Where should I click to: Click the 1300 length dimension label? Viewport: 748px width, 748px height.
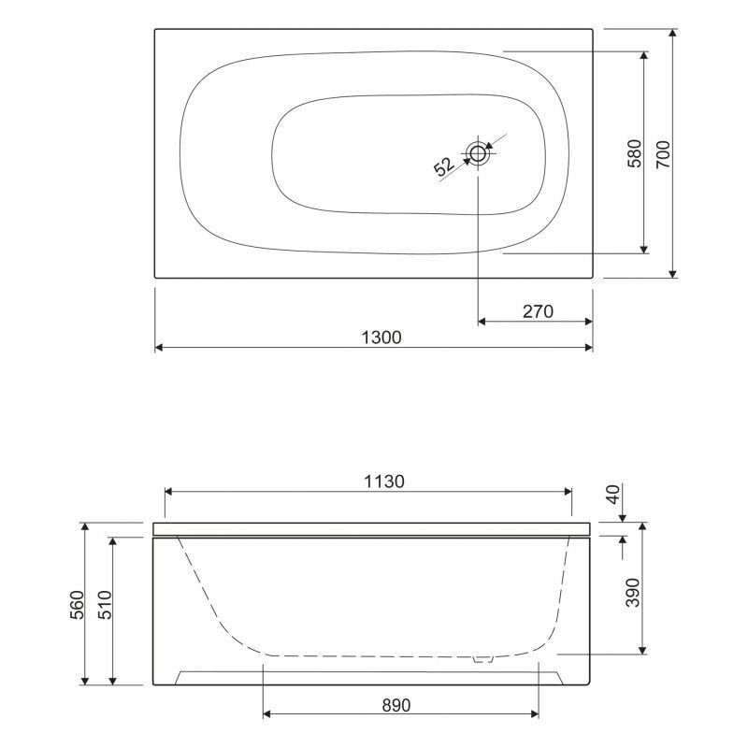(x=381, y=338)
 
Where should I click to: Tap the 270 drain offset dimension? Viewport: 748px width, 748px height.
(x=538, y=311)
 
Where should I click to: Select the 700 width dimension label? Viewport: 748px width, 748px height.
(x=663, y=154)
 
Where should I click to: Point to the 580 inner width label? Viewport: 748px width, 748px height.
(x=635, y=153)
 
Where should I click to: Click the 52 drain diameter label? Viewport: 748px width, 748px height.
(x=444, y=166)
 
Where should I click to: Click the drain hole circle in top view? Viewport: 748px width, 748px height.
(x=478, y=153)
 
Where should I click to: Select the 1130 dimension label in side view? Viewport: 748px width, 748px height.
(x=384, y=482)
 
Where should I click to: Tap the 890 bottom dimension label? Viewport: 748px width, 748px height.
(x=396, y=705)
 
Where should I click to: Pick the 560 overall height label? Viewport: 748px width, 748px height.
(x=77, y=605)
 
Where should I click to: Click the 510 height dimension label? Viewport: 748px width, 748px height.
(x=105, y=605)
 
